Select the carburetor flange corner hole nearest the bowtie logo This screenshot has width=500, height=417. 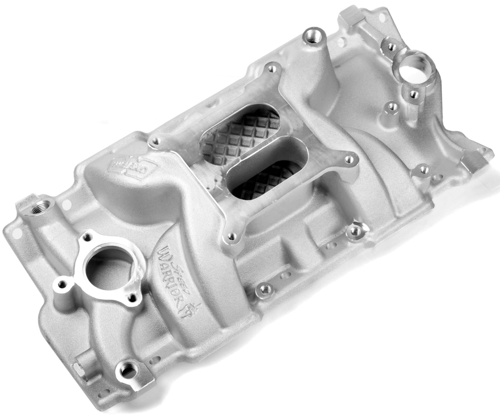tap(156, 141)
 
